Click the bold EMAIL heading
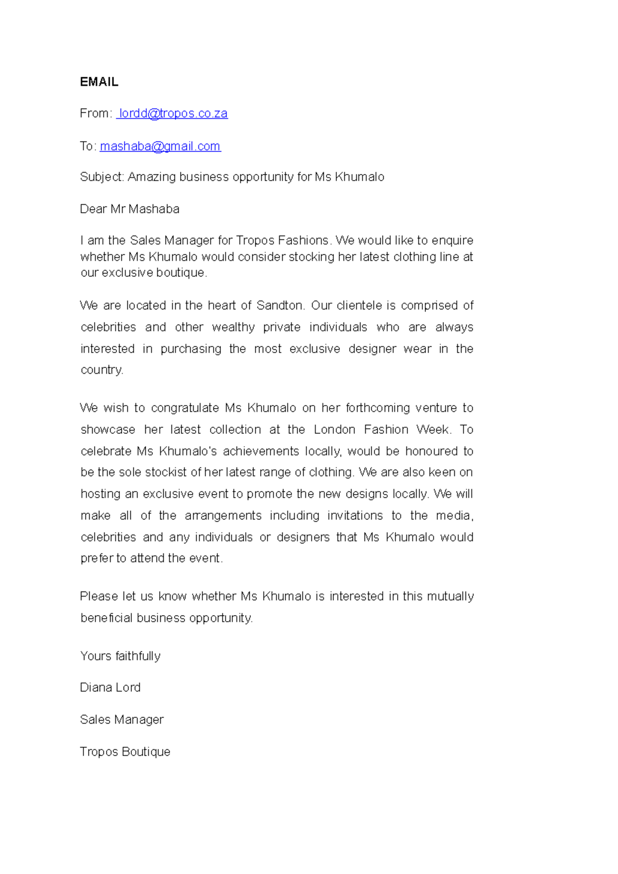[99, 82]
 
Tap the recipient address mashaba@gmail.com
[160, 146]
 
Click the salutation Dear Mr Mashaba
[130, 209]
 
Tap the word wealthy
[233, 327]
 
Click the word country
[101, 370]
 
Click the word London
[334, 430]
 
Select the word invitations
[355, 516]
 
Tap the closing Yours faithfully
[121, 656]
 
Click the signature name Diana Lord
[110, 688]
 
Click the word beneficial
[107, 618]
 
